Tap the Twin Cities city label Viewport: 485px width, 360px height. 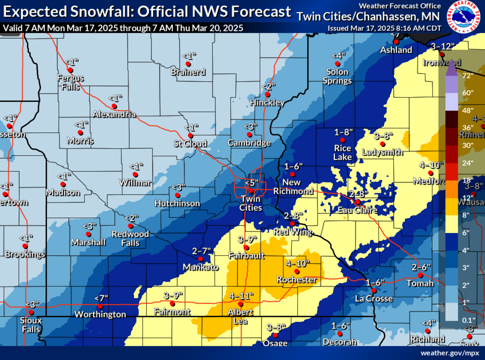(x=251, y=204)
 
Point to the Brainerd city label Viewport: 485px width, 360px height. (x=188, y=72)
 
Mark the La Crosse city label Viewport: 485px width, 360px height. (x=374, y=299)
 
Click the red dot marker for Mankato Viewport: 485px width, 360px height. (x=200, y=259)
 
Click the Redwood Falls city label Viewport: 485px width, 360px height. (x=130, y=238)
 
